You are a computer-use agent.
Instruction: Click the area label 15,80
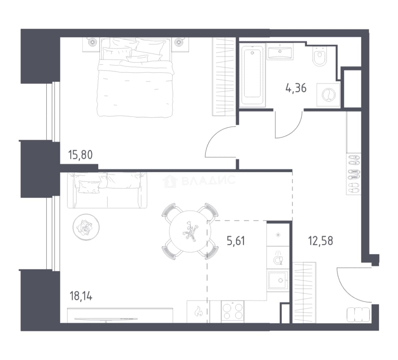[x=80, y=155]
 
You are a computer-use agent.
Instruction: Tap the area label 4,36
[x=296, y=88]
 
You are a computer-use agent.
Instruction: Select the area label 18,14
[x=81, y=296]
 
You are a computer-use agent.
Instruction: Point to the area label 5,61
[x=236, y=241]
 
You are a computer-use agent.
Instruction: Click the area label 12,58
[x=320, y=241]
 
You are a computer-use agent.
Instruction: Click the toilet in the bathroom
[x=320, y=56]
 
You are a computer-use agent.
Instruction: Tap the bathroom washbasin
[x=280, y=52]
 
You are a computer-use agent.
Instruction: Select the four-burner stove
[x=232, y=312]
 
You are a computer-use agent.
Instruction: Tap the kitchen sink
[x=278, y=280]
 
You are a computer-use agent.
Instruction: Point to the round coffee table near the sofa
[x=86, y=227]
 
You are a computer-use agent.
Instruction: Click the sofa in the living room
[x=107, y=190]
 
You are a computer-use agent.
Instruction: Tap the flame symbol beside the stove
[x=198, y=311]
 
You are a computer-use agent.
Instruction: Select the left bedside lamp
[x=91, y=42]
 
